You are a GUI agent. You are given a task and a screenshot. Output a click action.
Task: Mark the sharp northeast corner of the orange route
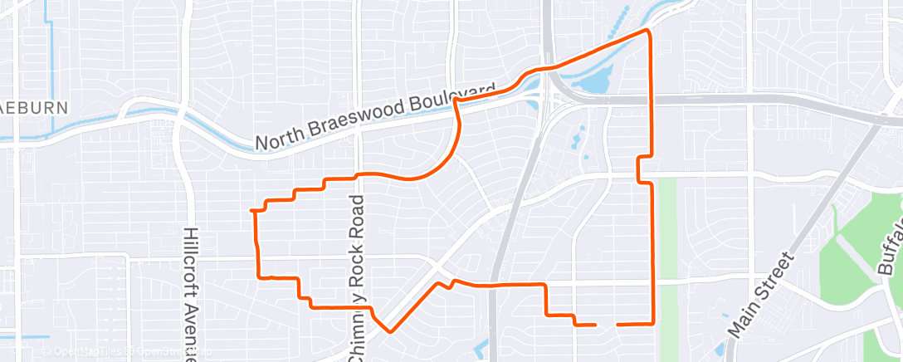pyautogui.click(x=647, y=31)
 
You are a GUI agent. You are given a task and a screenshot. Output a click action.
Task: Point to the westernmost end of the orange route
pyautogui.click(x=251, y=211)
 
